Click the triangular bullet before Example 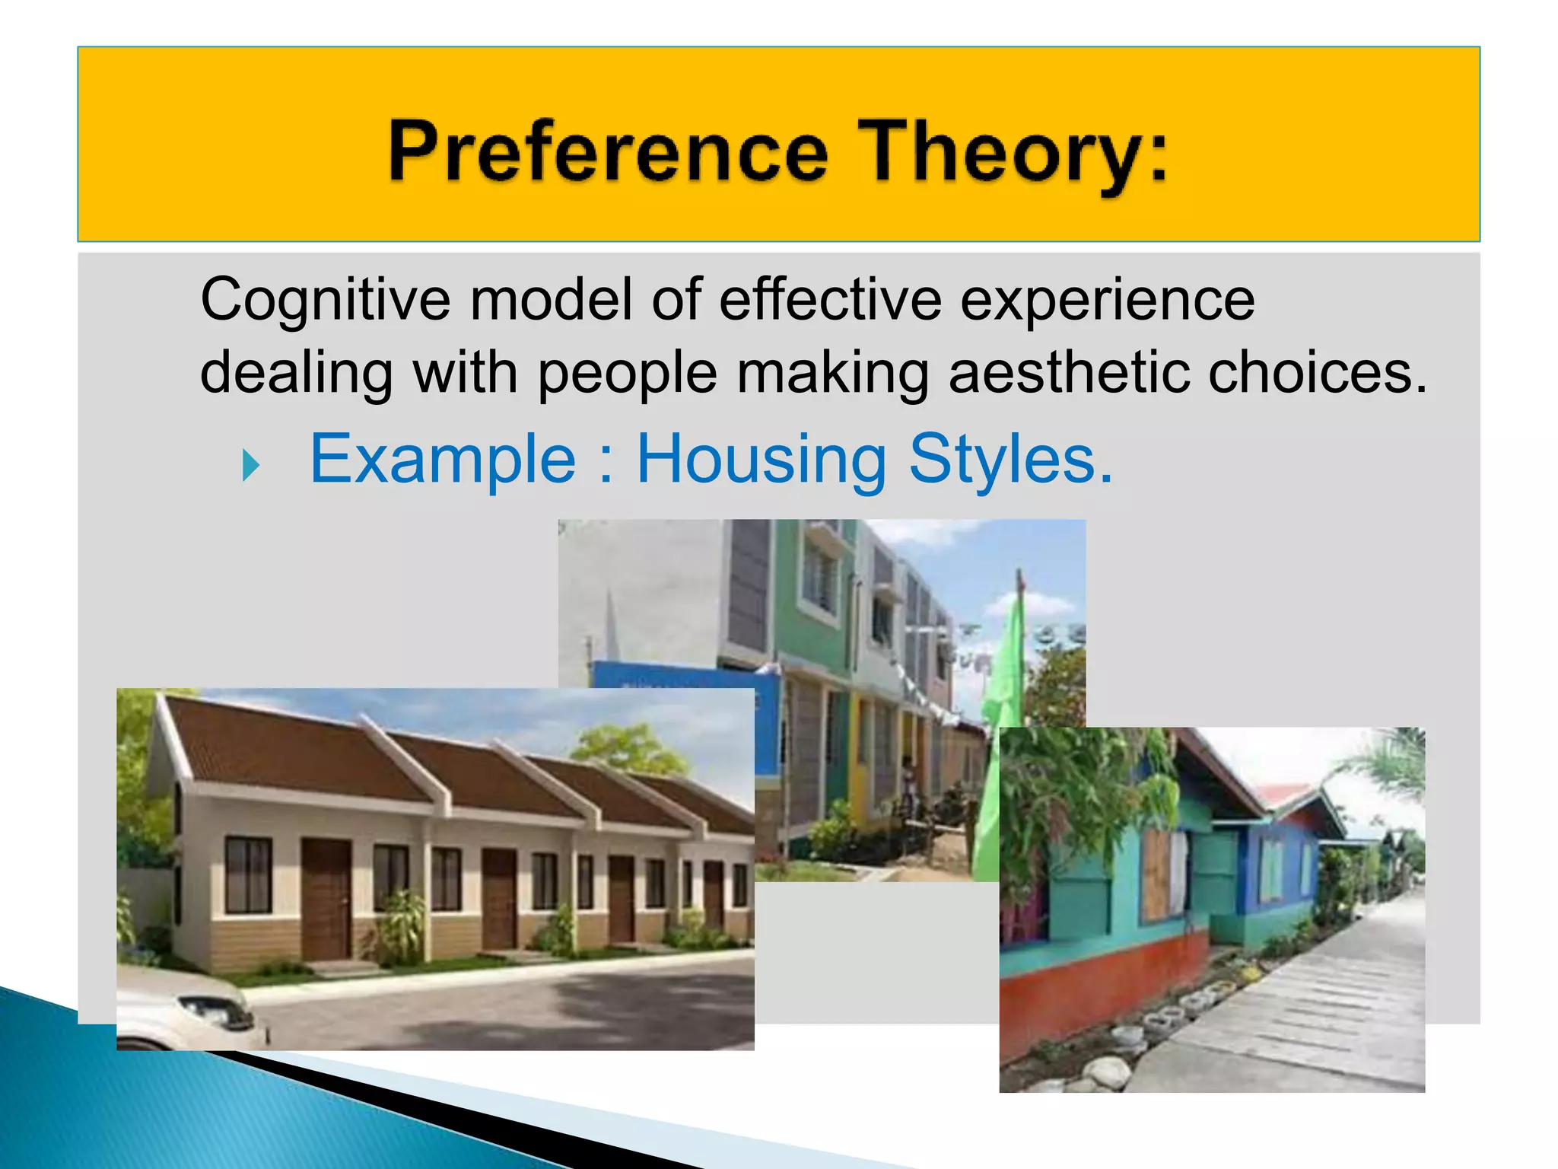251,465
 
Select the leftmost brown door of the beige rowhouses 326,898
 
